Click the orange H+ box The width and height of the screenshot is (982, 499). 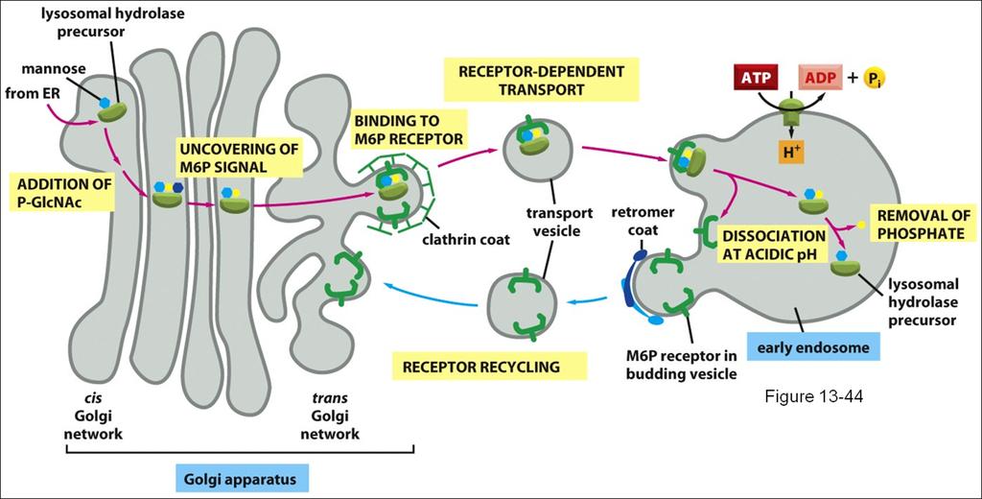(x=791, y=152)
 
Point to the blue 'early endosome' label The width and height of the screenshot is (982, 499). (x=813, y=346)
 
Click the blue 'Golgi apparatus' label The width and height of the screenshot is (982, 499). (x=241, y=480)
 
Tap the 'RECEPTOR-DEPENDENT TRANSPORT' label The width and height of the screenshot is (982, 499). (x=542, y=80)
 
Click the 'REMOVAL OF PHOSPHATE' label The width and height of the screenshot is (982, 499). (x=924, y=225)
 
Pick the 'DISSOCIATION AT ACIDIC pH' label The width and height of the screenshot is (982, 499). (x=774, y=245)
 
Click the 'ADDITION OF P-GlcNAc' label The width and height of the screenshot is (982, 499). (x=65, y=193)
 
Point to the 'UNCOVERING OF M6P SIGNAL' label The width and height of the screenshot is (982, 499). (x=239, y=157)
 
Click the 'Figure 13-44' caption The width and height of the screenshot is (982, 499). (x=813, y=397)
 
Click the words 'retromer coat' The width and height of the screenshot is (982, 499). (x=643, y=222)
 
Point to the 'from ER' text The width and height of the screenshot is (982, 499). (x=28, y=93)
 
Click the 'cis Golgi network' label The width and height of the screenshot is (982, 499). (x=94, y=416)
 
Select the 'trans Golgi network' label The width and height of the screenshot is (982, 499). (x=330, y=416)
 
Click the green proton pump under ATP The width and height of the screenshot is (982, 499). (x=791, y=117)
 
